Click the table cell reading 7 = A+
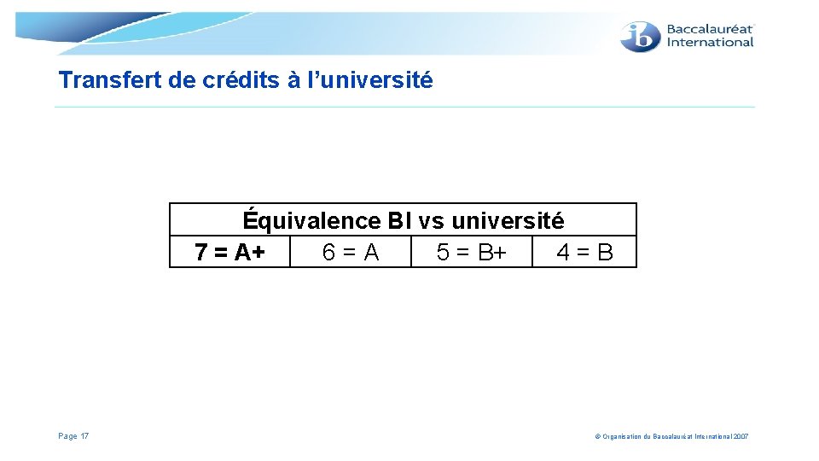229,253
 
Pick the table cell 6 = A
351,253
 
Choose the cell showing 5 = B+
471,253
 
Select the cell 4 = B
584,253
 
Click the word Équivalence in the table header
311,221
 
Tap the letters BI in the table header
399,221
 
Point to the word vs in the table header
432,221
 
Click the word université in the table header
508,221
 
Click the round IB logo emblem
640,36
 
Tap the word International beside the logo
710,42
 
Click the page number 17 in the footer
84,436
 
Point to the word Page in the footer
67,436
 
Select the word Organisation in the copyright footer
625,436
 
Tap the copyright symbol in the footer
597,436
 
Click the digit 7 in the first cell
200,253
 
